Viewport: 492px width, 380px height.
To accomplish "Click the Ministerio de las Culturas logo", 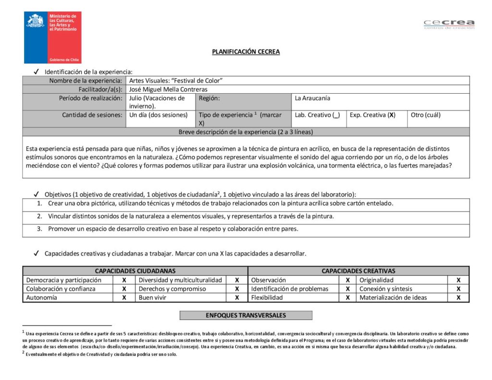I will click(x=53, y=37).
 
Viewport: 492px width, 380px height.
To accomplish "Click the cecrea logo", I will click(x=449, y=24).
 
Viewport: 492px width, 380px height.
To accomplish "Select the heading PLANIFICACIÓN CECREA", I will click(x=246, y=52).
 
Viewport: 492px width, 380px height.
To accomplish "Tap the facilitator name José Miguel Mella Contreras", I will click(x=169, y=89).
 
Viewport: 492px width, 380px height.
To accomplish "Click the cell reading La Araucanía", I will click(x=313, y=98).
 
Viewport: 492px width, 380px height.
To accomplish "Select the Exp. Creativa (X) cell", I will click(x=372, y=115).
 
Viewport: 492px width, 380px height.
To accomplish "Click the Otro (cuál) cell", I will click(x=426, y=115).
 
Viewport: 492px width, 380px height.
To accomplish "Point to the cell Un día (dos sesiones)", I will click(x=159, y=115).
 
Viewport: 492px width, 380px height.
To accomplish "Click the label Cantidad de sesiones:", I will click(x=92, y=115).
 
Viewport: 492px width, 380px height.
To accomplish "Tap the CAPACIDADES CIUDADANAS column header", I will click(x=135, y=271).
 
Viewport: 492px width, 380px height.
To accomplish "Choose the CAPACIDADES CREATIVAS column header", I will click(x=358, y=271).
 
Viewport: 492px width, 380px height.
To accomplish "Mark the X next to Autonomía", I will click(x=124, y=298).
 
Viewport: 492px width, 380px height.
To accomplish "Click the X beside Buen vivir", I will click(x=237, y=298).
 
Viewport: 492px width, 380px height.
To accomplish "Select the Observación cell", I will click(x=269, y=280).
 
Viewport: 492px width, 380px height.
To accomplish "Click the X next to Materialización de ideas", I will click(x=458, y=298).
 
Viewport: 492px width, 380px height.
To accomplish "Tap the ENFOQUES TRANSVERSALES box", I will click(x=246, y=316).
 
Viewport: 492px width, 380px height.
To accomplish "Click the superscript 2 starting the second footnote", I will click(x=23, y=353).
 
